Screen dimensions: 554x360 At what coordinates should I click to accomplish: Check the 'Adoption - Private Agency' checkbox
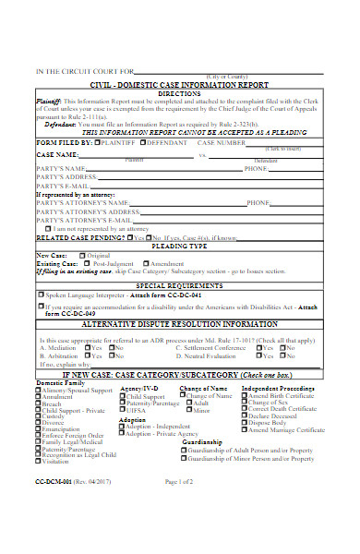[x=123, y=433]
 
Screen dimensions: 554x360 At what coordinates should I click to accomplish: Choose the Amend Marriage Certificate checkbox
[x=245, y=429]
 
